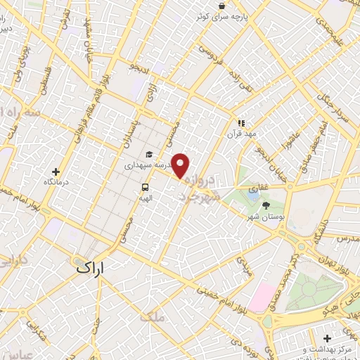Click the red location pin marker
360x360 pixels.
pyautogui.click(x=181, y=165)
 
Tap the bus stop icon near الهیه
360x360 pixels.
pyautogui.click(x=145, y=187)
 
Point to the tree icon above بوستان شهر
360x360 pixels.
pyautogui.click(x=266, y=205)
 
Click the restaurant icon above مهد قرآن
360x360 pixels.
pyautogui.click(x=241, y=122)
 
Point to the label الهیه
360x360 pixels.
pyautogui.click(x=145, y=198)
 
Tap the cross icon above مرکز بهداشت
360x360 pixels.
pyautogui.click(x=328, y=339)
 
